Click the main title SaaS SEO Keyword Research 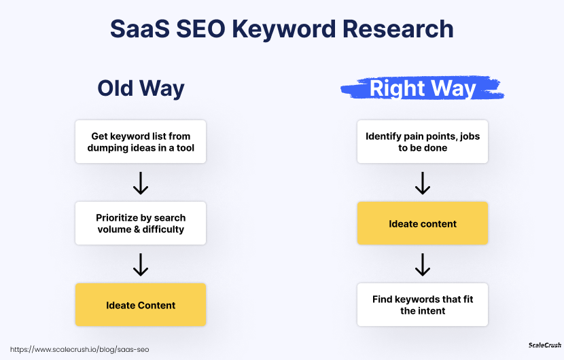click(281, 29)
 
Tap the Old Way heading click(141, 88)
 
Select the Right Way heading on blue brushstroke click(423, 88)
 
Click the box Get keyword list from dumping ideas click(141, 142)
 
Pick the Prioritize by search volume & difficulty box click(141, 223)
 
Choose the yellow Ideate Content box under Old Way click(141, 305)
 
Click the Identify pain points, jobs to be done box click(423, 142)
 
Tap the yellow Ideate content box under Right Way click(423, 223)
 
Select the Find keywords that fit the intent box click(423, 305)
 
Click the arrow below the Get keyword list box click(141, 183)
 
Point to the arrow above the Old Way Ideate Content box click(141, 265)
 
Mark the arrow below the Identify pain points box click(423, 183)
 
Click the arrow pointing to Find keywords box click(423, 265)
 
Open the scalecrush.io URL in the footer click(80, 350)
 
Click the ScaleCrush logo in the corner click(544, 345)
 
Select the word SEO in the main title click(200, 29)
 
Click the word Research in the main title click(398, 29)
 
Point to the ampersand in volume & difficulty click(137, 230)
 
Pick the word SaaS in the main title click(140, 29)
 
